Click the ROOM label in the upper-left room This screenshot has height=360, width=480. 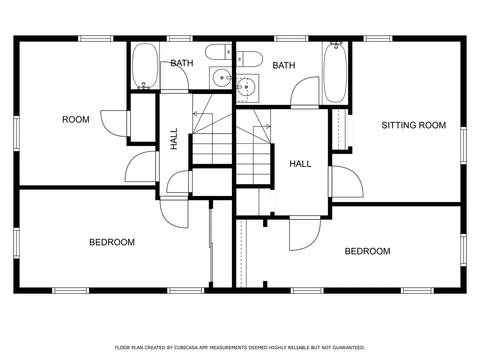75,120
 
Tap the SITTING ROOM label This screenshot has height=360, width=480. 413,125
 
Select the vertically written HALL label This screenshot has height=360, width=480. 174,139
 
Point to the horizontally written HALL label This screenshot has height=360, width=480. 300,164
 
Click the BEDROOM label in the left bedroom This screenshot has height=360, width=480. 112,242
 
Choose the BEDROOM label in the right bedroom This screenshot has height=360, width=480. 367,251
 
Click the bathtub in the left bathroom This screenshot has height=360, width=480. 145,65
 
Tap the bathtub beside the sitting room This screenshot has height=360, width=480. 335,72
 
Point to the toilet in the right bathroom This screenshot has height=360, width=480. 249,59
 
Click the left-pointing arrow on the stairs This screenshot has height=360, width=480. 196,113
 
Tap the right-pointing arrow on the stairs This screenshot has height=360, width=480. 267,126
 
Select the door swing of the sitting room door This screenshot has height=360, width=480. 347,181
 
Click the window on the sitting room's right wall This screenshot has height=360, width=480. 463,145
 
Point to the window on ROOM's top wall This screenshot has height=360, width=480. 96,38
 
